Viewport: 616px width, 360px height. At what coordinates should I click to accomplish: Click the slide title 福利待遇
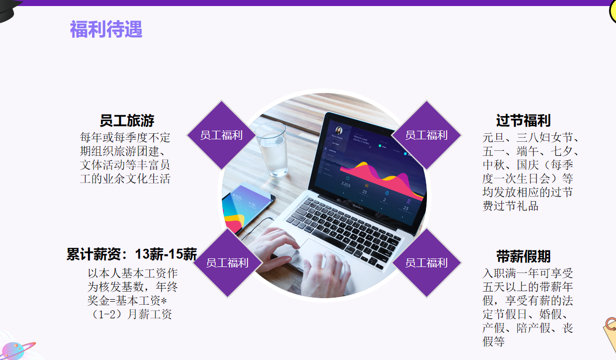pyautogui.click(x=106, y=29)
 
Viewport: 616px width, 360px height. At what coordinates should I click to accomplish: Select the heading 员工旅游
pyautogui.click(x=127, y=121)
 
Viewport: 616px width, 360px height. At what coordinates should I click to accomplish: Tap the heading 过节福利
pyautogui.click(x=523, y=121)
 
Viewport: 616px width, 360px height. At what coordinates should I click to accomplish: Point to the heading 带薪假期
pyautogui.click(x=523, y=256)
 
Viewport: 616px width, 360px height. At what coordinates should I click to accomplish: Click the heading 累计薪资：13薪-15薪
pyautogui.click(x=132, y=254)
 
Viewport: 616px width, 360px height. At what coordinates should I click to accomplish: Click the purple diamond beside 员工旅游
pyautogui.click(x=221, y=135)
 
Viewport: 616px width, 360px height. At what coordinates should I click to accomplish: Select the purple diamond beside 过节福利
pyautogui.click(x=426, y=135)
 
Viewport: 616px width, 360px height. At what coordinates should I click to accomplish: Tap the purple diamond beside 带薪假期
pyautogui.click(x=426, y=263)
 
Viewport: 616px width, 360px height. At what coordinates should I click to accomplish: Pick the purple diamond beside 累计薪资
pyautogui.click(x=227, y=263)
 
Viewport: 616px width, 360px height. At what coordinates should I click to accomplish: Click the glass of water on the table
pyautogui.click(x=272, y=149)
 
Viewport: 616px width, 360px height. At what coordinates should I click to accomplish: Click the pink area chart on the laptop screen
pyautogui.click(x=382, y=179)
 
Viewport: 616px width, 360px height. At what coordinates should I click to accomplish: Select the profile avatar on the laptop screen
pyautogui.click(x=339, y=130)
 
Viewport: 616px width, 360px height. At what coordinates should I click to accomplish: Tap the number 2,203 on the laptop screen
pyautogui.click(x=345, y=185)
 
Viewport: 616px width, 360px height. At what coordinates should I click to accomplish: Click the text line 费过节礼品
pyautogui.click(x=510, y=206)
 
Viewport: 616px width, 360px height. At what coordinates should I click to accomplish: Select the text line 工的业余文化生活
pyautogui.click(x=125, y=178)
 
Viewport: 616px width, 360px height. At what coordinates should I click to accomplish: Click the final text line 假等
pyautogui.click(x=494, y=341)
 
